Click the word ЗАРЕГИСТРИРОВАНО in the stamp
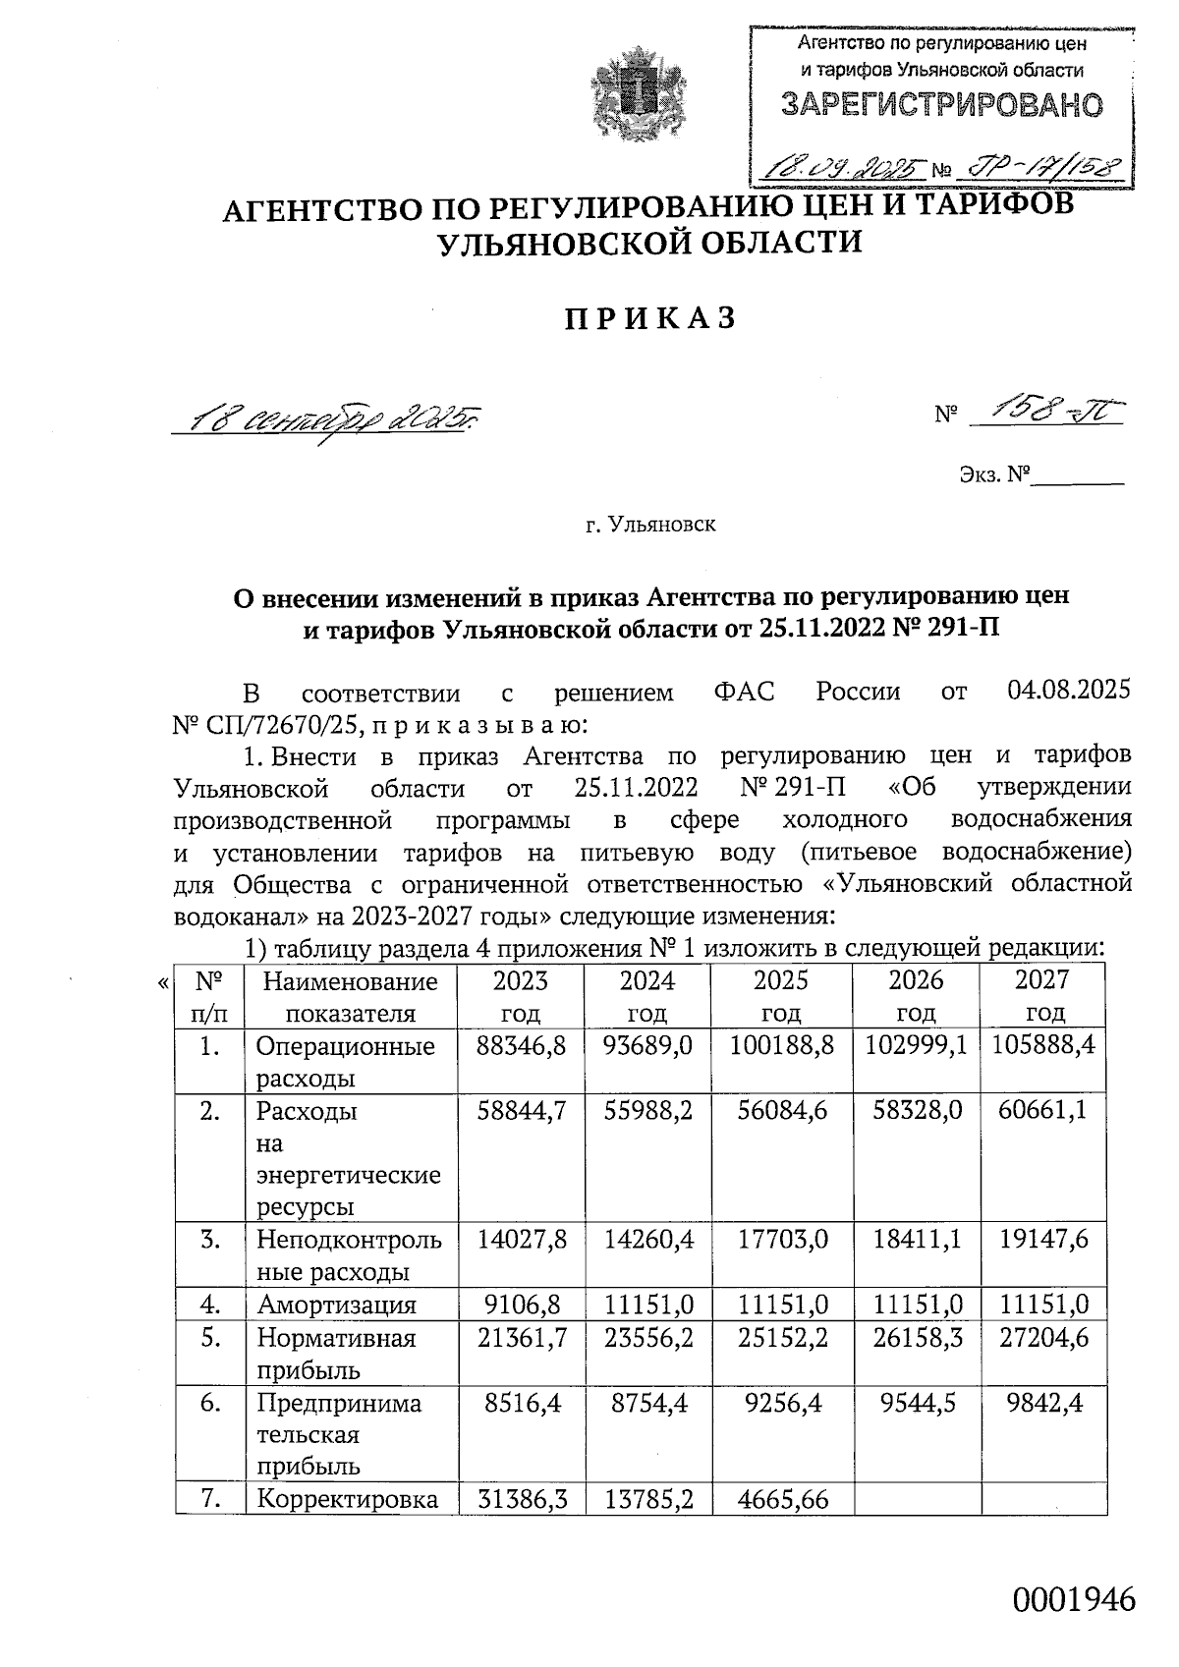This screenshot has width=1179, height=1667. (x=941, y=105)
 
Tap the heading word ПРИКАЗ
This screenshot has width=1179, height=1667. (x=649, y=318)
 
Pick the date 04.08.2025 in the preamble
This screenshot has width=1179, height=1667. (x=1069, y=691)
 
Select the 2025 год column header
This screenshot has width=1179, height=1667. (x=781, y=996)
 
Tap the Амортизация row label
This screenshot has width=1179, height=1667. (x=336, y=1305)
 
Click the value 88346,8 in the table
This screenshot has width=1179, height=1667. (x=521, y=1045)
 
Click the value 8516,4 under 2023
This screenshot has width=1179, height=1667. (x=521, y=1402)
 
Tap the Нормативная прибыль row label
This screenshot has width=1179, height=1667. (x=336, y=1354)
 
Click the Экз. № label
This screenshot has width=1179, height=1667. (x=993, y=475)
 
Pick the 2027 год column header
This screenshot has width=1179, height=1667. (x=1042, y=996)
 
